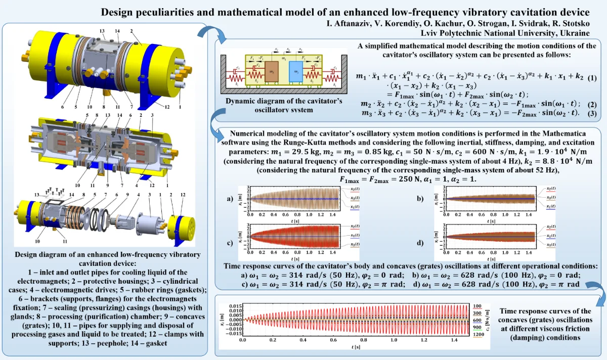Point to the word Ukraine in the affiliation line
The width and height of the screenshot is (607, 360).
coord(575,33)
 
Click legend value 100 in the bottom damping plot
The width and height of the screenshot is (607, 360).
coord(476,306)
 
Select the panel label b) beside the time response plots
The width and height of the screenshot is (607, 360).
coord(419,199)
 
